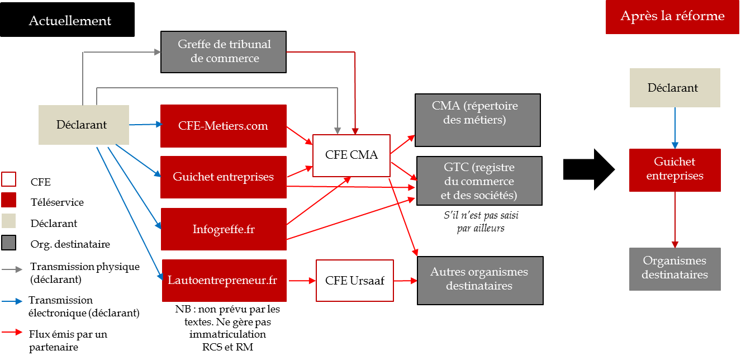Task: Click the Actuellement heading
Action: point(70,21)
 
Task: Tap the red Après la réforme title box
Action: point(672,16)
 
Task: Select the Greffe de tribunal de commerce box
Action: point(224,51)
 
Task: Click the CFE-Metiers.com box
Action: point(224,126)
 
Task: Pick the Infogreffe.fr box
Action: point(224,229)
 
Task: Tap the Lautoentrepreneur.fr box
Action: point(224,280)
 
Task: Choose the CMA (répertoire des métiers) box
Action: point(478,120)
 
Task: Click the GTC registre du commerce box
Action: point(479,181)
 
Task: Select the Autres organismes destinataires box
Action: point(479,280)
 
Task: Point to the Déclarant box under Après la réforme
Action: point(674,88)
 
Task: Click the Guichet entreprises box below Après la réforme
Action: point(674,169)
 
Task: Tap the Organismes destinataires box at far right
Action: point(674,268)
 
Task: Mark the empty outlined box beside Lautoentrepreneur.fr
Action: point(355,280)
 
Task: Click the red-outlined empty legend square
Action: point(9,179)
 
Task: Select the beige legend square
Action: point(9,221)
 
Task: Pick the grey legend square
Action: point(9,242)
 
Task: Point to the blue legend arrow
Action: point(12,301)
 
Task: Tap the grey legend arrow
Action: point(12,269)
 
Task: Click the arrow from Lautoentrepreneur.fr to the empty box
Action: point(301,281)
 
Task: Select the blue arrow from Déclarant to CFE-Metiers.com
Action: point(145,125)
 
